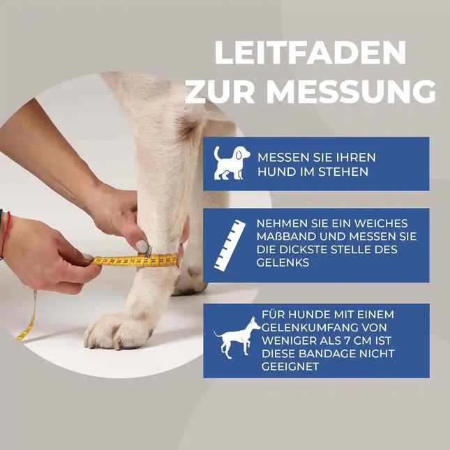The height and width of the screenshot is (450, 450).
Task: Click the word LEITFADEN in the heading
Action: click(x=310, y=54)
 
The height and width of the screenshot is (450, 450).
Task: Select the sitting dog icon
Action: click(x=230, y=163)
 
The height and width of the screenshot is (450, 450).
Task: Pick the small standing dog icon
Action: click(x=237, y=338)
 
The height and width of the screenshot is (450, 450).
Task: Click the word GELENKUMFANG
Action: click(x=301, y=327)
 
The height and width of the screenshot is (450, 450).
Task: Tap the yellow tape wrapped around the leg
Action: click(x=140, y=260)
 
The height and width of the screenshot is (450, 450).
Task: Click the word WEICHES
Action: click(x=384, y=223)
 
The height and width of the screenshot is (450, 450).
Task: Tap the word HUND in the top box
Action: click(x=275, y=171)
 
